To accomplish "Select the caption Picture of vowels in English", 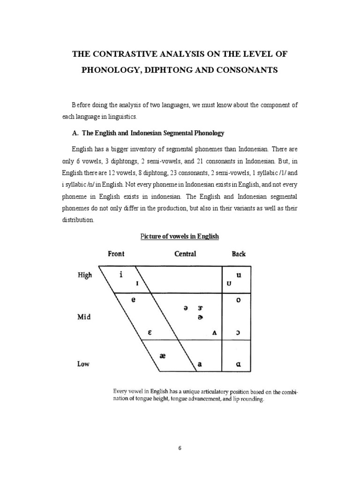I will pyautogui.click(x=180, y=236).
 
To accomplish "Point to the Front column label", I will pyautogui.click(x=116, y=254).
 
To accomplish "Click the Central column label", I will pyautogui.click(x=185, y=254).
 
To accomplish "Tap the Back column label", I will pyautogui.click(x=239, y=254).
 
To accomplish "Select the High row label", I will pyautogui.click(x=85, y=275).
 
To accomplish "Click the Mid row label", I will pyautogui.click(x=84, y=317).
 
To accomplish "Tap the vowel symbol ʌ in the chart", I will pyautogui.click(x=214, y=333).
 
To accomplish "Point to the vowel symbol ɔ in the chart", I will pyautogui.click(x=239, y=333).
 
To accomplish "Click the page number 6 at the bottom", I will pyautogui.click(x=180, y=448).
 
